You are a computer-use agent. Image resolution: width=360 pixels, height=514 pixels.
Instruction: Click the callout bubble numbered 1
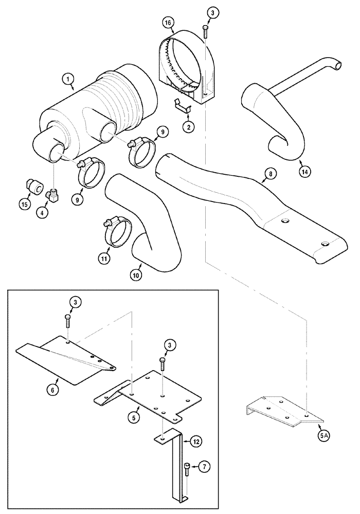click(66, 79)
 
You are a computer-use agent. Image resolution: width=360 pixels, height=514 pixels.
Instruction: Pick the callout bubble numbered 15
click(24, 204)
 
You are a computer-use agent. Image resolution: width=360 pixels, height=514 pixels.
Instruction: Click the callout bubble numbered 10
click(137, 276)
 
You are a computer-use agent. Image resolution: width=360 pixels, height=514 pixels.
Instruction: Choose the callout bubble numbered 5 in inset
click(133, 418)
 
